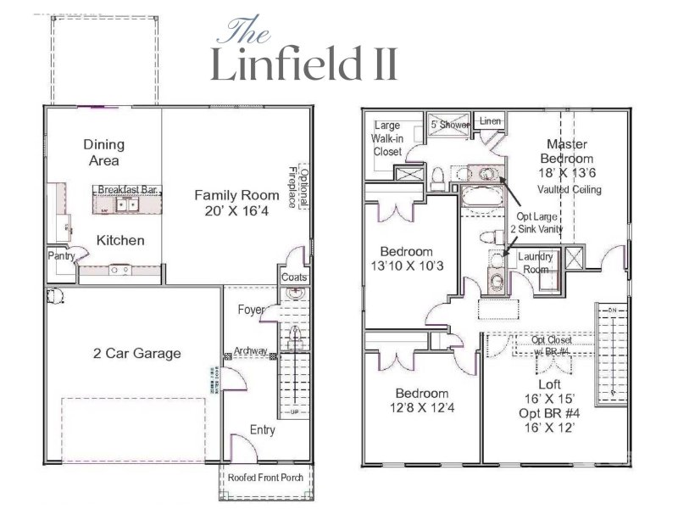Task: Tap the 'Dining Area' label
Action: pyautogui.click(x=101, y=152)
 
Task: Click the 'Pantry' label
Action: pyautogui.click(x=61, y=255)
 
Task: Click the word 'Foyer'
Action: pyautogui.click(x=251, y=310)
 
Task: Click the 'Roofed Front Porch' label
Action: pyautogui.click(x=265, y=478)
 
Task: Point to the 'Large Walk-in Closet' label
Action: pyautogui.click(x=387, y=138)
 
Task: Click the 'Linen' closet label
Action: pyautogui.click(x=490, y=122)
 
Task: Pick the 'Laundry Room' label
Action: pyautogui.click(x=536, y=261)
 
